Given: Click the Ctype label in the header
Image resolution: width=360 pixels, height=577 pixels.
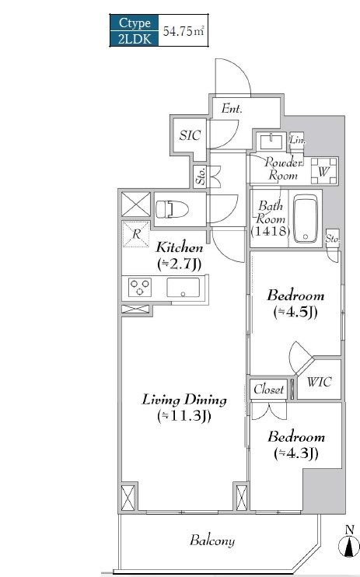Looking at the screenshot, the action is point(135,23).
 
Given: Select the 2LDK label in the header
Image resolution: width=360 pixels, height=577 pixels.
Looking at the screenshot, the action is point(135,38).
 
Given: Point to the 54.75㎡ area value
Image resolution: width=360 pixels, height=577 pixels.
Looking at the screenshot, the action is point(183,31).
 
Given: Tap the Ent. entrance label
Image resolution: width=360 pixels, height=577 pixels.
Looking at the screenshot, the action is point(232,109).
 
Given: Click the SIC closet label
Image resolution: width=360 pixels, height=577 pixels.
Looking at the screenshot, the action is point(190,135).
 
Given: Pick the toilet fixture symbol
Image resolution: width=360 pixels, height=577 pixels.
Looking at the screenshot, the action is point(172,209).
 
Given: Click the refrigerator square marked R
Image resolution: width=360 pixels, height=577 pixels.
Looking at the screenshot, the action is point(136,233).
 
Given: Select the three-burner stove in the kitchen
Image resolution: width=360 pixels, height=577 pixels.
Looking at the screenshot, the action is point(139,288).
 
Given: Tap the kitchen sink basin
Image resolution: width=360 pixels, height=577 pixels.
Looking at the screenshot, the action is point(183,288).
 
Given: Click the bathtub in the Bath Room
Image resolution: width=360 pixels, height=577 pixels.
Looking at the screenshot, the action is point(306,219).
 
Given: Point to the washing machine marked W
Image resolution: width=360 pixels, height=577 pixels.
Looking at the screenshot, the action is point(324,171).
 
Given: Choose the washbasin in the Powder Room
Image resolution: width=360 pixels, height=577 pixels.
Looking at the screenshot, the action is point(271,141).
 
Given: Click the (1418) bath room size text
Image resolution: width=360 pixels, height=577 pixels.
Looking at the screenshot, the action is point(270,231).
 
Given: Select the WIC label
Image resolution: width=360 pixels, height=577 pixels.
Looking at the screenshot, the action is point(319,382).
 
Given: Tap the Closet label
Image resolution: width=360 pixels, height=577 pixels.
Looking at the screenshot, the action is point(269,390).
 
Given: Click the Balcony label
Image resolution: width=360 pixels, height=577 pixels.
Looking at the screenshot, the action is point(212,540).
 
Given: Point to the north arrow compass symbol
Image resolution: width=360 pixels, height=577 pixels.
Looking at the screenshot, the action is point(349,543).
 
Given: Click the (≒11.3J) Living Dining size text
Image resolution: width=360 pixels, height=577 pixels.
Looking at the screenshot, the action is point(184,416).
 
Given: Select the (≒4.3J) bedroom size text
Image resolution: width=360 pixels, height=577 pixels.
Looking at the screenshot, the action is point(296,453).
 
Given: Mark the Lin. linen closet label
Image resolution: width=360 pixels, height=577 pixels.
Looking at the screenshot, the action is point(297,140).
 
